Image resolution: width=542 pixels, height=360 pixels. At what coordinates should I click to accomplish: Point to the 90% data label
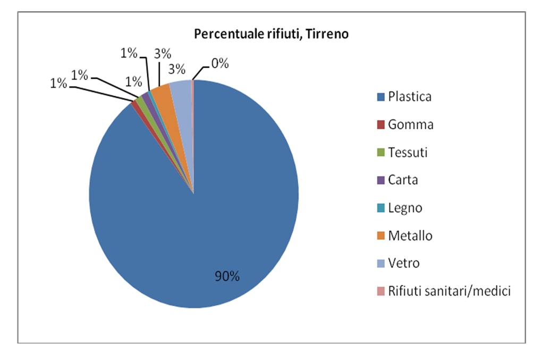227,276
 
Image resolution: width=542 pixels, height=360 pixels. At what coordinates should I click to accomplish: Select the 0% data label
219,64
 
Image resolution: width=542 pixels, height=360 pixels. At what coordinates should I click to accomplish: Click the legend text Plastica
410,97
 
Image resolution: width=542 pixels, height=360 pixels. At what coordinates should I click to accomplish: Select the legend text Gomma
410,124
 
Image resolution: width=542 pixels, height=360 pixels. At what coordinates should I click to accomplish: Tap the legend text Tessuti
408,153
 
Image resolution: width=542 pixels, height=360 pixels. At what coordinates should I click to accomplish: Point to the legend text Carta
403,180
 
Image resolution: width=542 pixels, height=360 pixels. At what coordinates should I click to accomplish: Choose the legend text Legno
405,207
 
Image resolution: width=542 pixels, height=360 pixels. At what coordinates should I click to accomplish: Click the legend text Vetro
403,263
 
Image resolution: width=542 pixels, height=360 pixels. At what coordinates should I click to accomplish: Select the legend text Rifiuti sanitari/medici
449,290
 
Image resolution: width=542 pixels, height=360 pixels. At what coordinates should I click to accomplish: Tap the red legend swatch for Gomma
380,125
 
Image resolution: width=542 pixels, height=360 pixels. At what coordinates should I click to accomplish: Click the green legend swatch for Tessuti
380,153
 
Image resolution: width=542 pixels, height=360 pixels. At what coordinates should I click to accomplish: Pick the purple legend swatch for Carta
380,180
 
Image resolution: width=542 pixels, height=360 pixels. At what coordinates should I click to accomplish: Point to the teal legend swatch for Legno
380,208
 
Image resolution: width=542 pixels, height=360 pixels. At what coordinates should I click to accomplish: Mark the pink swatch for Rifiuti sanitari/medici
380,291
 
